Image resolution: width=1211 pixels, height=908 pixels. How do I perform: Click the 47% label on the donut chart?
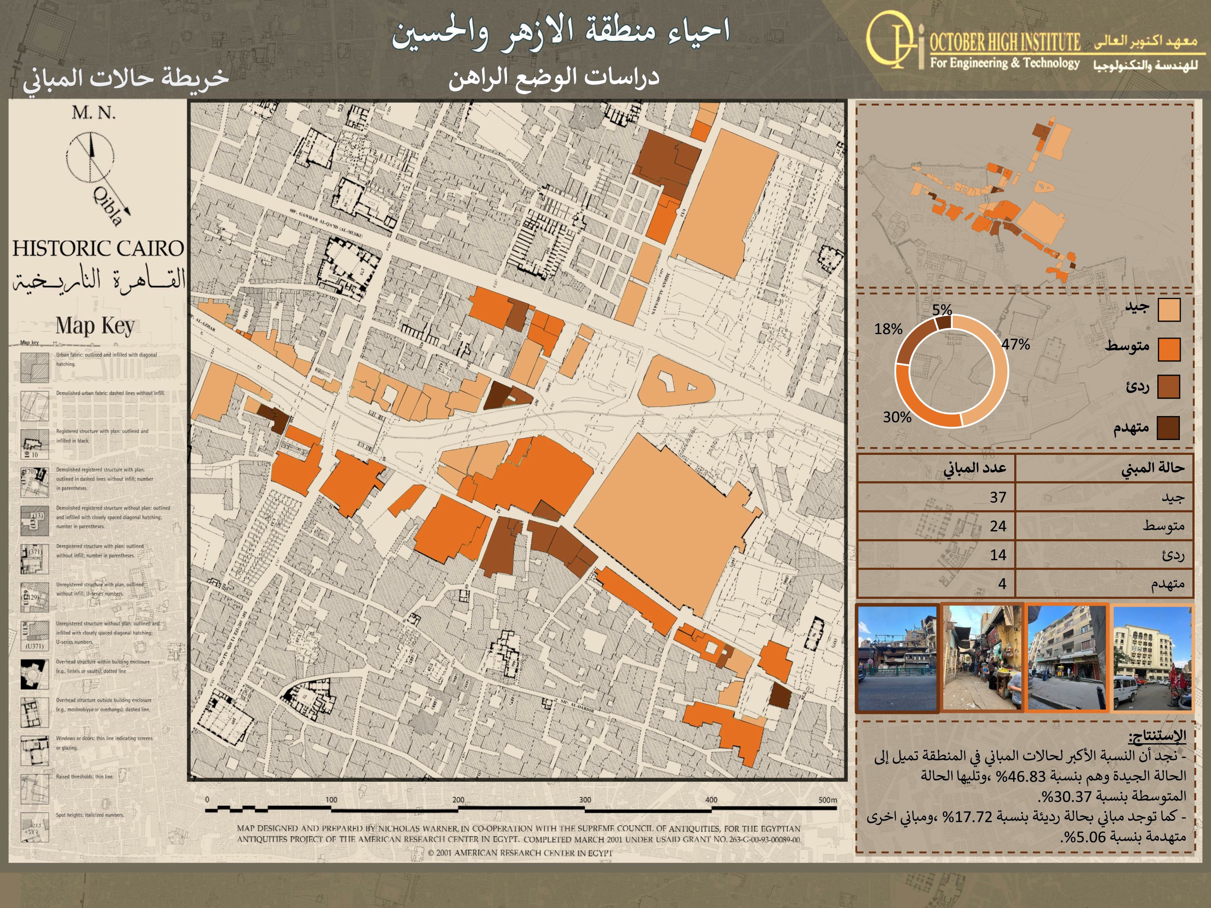[x=1016, y=344]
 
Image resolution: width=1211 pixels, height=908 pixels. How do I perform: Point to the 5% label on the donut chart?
[x=942, y=310]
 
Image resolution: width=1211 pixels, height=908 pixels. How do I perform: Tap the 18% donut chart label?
[x=888, y=329]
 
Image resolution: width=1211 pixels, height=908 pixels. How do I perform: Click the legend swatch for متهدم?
[x=1168, y=428]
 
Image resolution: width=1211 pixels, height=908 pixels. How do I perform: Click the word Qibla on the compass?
[x=107, y=205]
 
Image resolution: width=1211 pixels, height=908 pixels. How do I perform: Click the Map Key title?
[x=95, y=326]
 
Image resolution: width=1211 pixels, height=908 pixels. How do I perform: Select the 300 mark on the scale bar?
[x=585, y=799]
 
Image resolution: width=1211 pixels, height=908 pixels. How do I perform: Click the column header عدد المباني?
[x=974, y=468]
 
